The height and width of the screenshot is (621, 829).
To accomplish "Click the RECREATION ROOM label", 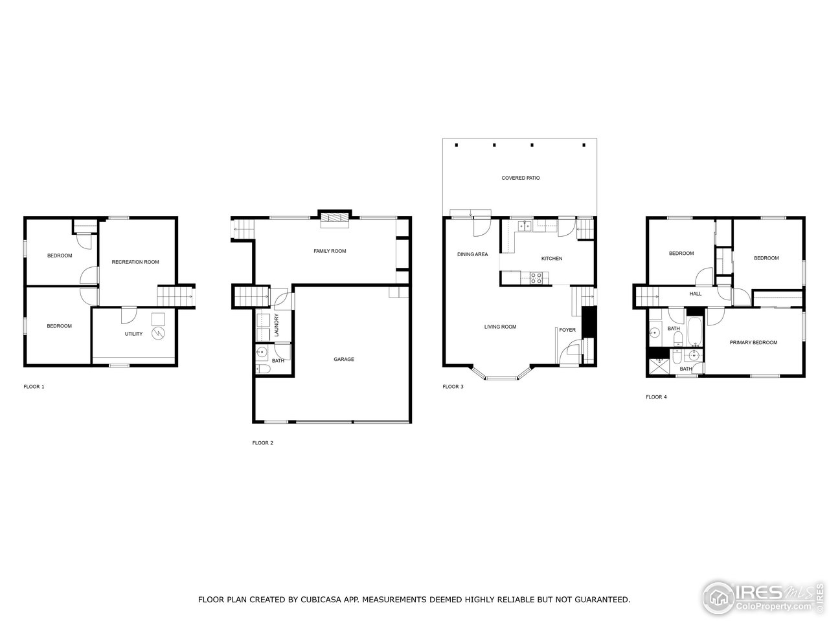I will [x=135, y=262].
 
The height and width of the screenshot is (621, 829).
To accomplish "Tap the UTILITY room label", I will [x=133, y=334].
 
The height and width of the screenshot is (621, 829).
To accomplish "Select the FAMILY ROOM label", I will [x=330, y=251].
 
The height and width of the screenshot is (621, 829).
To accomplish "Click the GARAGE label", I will [x=344, y=359].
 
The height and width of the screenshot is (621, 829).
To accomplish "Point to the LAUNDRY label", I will [x=277, y=325].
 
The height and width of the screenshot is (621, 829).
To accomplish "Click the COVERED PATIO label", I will [x=520, y=178].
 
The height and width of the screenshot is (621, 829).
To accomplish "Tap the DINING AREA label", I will [x=472, y=254].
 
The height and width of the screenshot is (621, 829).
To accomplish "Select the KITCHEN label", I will [x=552, y=258].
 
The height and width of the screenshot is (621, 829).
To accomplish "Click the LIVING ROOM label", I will [x=500, y=327].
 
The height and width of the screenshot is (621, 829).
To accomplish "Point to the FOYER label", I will [x=567, y=330].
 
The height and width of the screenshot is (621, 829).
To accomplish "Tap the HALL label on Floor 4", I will [x=696, y=294].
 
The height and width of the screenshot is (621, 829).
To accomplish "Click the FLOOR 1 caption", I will [x=34, y=386].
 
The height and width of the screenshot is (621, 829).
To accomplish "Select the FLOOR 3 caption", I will [x=453, y=386].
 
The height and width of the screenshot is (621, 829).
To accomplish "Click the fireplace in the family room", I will [x=334, y=219].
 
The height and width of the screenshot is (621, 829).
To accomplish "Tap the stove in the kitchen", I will [x=536, y=278].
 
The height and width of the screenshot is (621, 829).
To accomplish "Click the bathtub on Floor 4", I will [x=695, y=330].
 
